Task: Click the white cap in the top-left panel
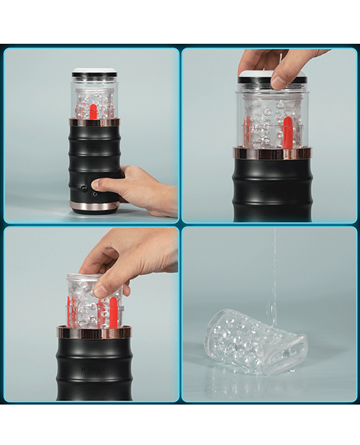click(94, 72)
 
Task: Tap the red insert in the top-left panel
click(94, 110)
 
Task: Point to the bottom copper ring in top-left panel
click(94, 207)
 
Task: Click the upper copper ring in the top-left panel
click(94, 122)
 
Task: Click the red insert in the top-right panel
click(287, 132)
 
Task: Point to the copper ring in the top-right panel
click(271, 153)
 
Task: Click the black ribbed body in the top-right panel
click(271, 189)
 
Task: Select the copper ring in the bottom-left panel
click(94, 332)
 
